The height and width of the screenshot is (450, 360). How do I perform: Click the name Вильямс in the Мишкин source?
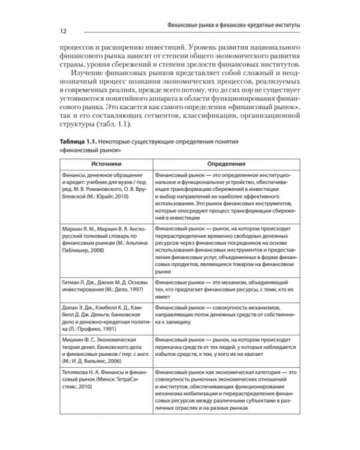[95, 362]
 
